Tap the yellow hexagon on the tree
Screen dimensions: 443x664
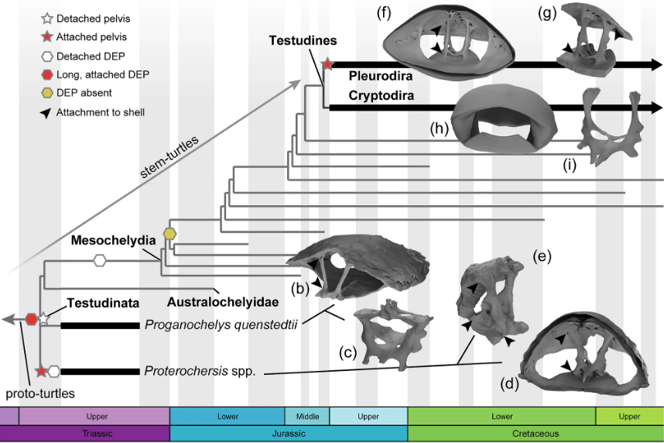click(x=169, y=232)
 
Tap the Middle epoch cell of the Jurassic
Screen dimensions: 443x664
click(x=307, y=416)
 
